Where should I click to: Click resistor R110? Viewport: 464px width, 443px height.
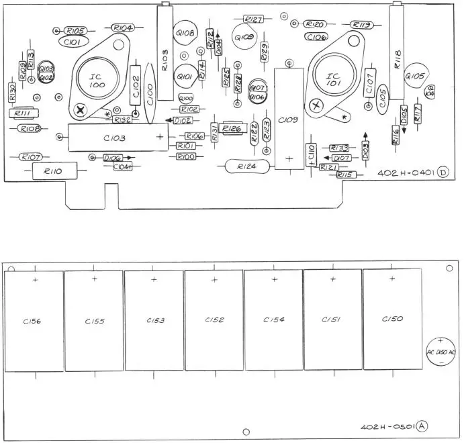coord(54,172)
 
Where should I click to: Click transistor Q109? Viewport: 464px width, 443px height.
coord(245,37)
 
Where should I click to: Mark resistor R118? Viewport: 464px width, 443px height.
coord(396,57)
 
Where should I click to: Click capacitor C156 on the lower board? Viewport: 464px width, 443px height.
coord(34,320)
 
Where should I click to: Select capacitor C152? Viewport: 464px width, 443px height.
coord(214,320)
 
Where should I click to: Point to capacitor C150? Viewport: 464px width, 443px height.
coord(392,319)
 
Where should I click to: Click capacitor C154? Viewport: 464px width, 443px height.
coord(273,320)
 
